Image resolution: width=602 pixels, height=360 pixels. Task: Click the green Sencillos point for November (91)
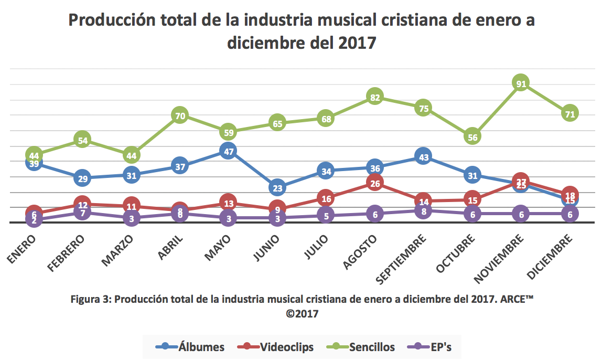click(521, 83)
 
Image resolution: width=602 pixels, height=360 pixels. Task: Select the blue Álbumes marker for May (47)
click(228, 151)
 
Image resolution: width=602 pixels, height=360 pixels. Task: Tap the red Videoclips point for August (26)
click(374, 183)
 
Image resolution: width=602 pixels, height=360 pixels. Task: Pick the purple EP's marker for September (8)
click(423, 211)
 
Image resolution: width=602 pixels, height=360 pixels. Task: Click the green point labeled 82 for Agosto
click(374, 97)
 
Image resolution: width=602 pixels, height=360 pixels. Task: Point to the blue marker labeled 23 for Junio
click(277, 187)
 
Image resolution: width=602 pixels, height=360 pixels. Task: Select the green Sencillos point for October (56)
click(472, 136)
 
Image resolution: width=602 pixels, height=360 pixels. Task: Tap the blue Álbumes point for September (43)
click(423, 157)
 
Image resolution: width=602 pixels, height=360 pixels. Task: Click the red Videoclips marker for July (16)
click(326, 198)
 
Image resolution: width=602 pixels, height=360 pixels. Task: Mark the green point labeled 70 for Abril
click(180, 115)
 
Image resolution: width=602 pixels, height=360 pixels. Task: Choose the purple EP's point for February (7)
click(82, 212)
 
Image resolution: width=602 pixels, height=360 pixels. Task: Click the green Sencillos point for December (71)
click(569, 113)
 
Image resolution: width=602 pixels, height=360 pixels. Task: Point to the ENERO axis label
click(22, 250)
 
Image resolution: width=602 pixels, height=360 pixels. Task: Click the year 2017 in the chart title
click(354, 43)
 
